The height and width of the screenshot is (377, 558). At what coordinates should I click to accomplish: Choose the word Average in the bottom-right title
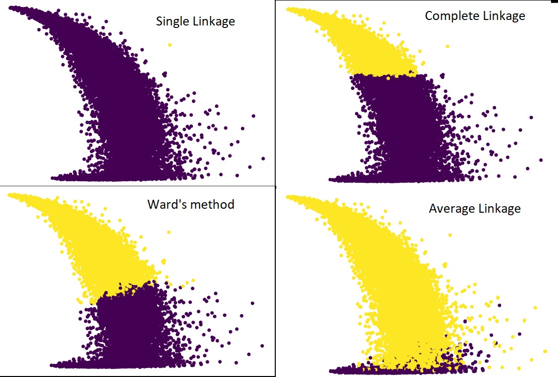point(450,208)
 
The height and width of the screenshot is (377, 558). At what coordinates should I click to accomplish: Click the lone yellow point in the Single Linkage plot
point(170,44)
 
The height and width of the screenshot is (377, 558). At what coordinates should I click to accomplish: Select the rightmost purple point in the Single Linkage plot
point(263,158)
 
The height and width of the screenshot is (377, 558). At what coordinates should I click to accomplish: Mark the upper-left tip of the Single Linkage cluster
point(11,7)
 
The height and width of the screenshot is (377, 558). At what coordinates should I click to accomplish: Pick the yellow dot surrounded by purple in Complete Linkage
point(388,78)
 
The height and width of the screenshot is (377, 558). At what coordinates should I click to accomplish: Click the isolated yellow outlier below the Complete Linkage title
point(447,46)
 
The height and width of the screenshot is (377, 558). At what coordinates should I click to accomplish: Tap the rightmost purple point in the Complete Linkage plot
point(541,160)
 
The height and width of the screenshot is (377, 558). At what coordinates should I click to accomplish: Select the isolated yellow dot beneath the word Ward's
point(169,232)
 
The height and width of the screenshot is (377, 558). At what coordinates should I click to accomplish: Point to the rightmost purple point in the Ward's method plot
point(262,346)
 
